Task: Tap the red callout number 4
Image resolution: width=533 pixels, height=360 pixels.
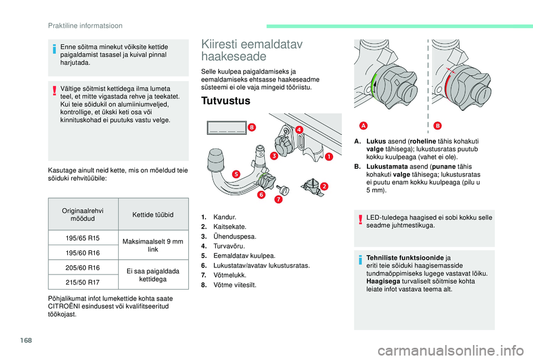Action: point(299,130)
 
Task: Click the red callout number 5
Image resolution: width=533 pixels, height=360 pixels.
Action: point(235,174)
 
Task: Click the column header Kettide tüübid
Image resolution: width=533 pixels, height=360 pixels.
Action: point(154,215)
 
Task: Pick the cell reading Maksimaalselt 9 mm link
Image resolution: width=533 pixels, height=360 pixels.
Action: point(154,245)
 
